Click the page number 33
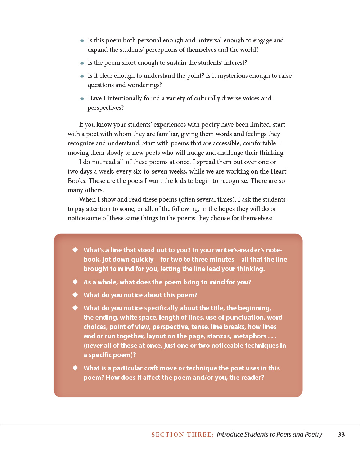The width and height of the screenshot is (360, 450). (x=341, y=435)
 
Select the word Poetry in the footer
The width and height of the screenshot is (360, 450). (x=313, y=435)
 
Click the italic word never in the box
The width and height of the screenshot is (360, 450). (x=94, y=346)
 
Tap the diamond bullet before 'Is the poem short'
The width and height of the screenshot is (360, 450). (x=82, y=63)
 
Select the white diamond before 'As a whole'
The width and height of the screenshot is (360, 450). (x=75, y=282)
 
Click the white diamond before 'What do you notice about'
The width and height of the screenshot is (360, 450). (x=75, y=295)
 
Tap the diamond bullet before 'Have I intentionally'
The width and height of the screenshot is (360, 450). (x=82, y=99)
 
